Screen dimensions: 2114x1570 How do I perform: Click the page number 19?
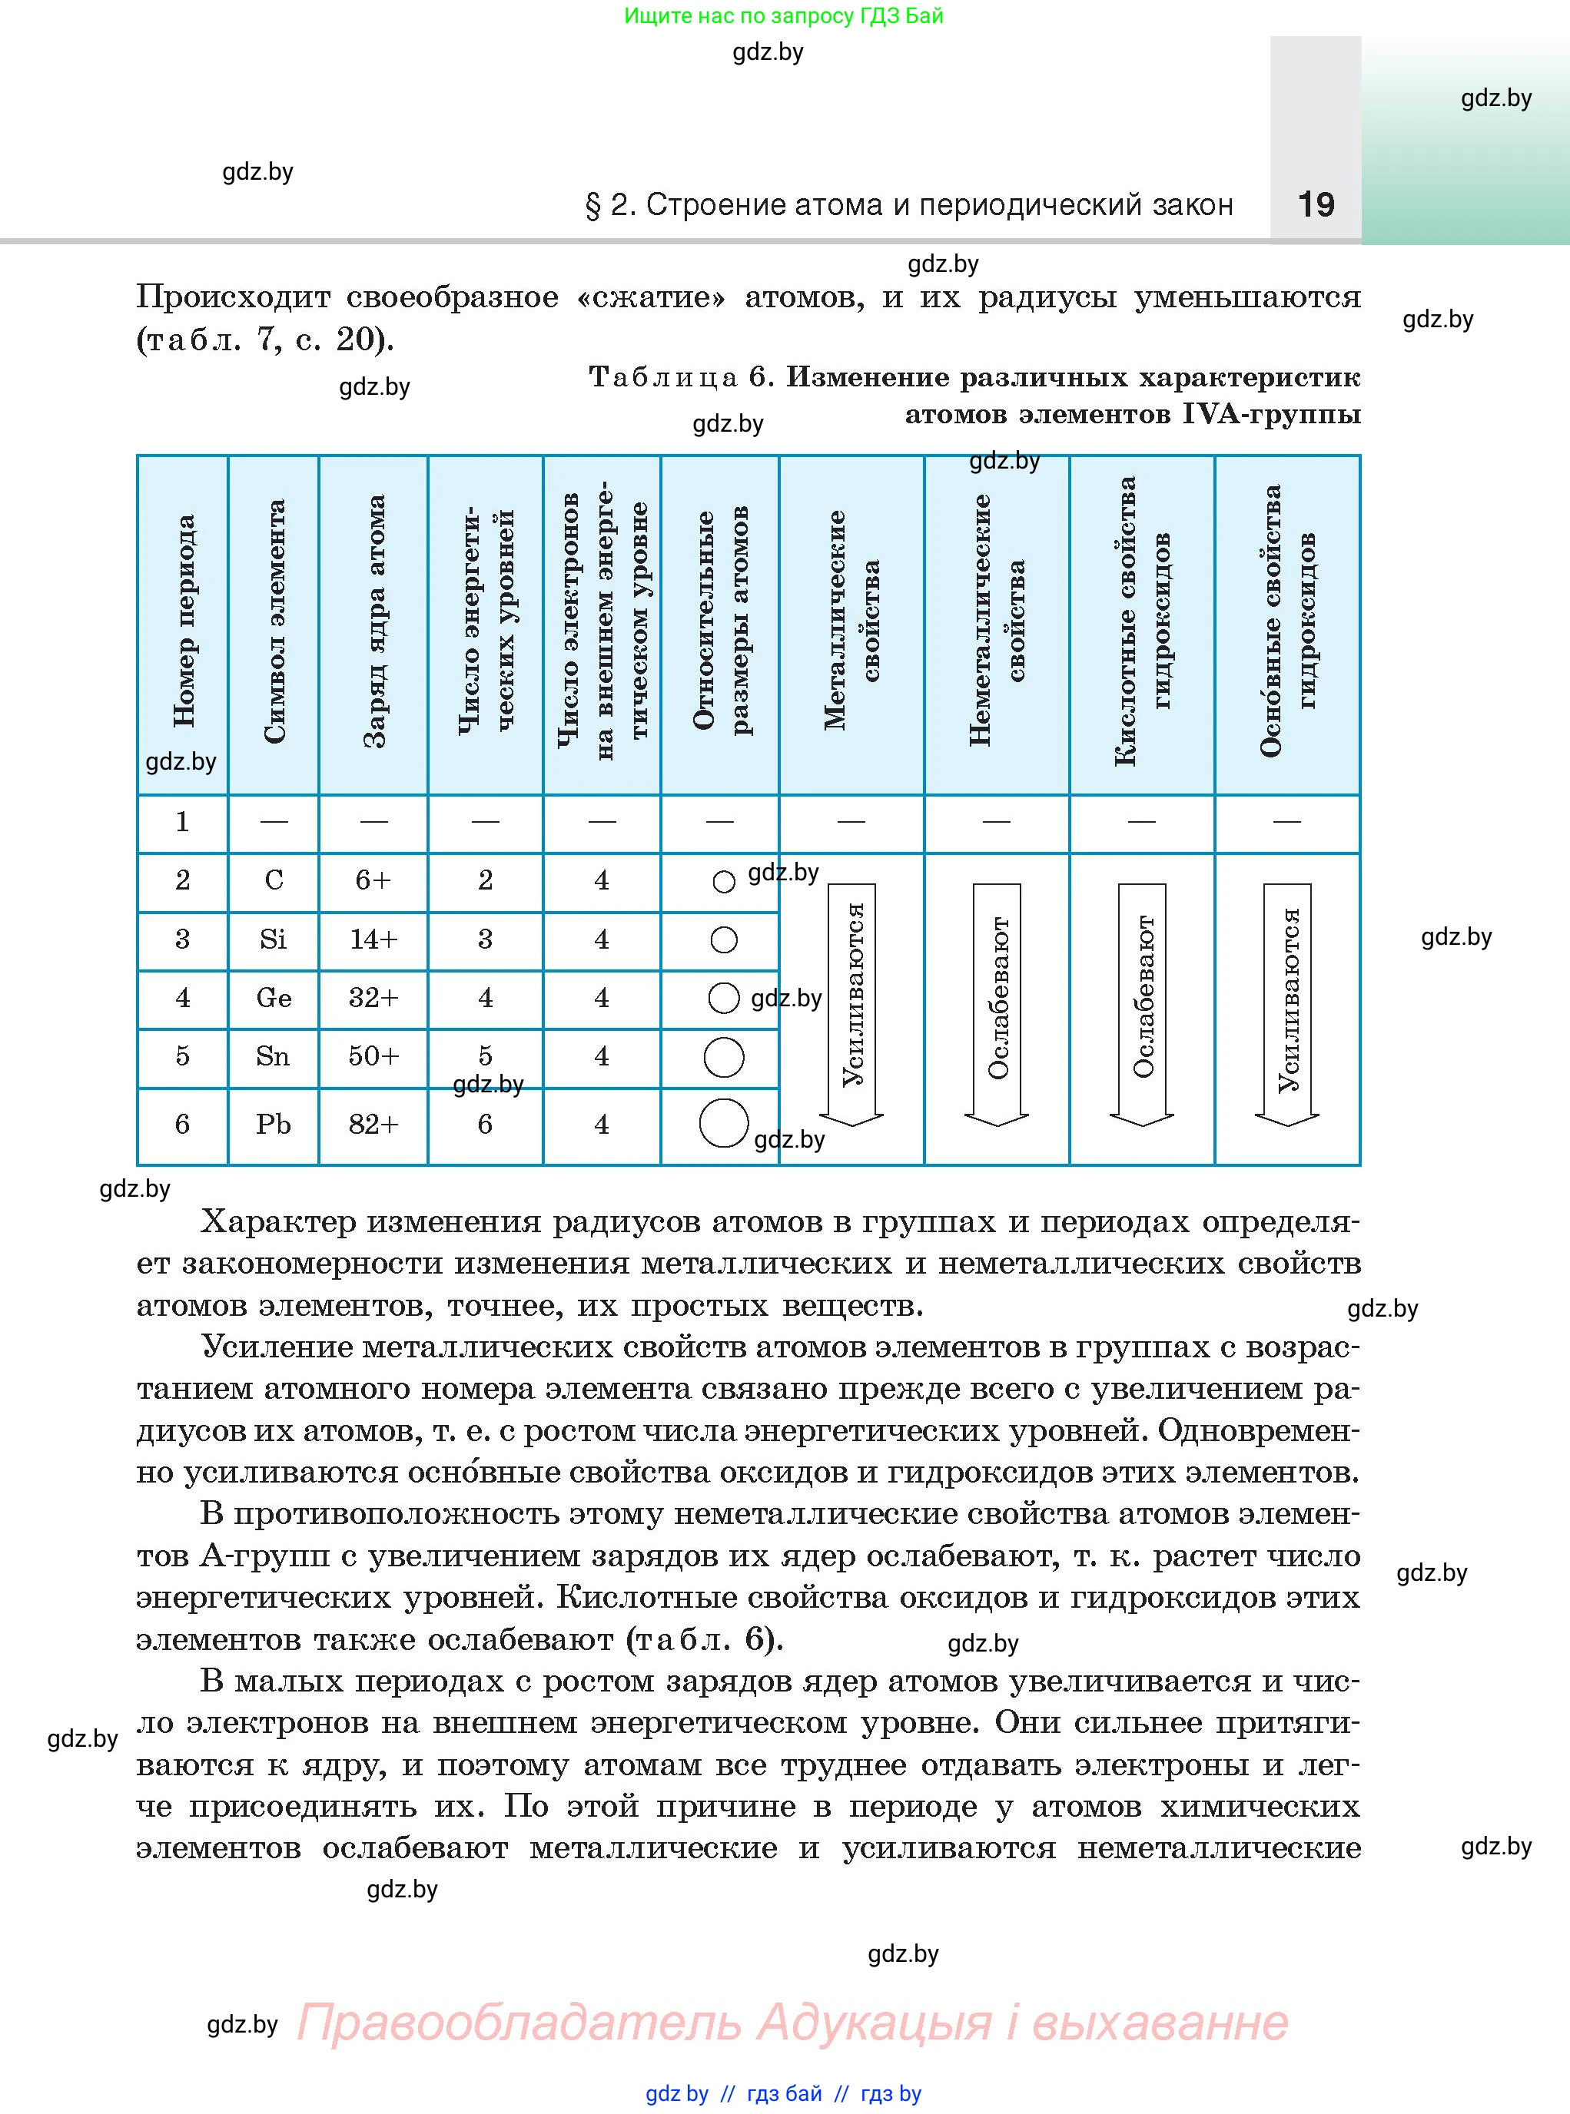click(x=1316, y=204)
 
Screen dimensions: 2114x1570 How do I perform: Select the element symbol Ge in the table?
click(x=274, y=998)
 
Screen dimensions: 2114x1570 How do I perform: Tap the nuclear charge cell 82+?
click(x=373, y=1124)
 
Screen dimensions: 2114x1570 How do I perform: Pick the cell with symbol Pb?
click(x=274, y=1124)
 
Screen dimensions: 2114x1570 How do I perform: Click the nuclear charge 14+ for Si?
click(x=373, y=939)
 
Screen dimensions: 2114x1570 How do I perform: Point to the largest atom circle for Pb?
click(x=723, y=1123)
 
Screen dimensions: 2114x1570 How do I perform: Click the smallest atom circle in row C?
click(x=723, y=882)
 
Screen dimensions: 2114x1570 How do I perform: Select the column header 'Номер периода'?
click(x=184, y=622)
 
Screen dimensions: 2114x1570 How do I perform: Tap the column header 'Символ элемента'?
click(x=274, y=622)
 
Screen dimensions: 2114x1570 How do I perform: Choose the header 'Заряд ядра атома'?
click(x=374, y=622)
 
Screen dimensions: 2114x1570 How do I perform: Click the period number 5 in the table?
click(x=182, y=1056)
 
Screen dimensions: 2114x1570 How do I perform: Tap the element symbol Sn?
click(x=273, y=1056)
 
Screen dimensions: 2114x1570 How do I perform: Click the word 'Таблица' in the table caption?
click(x=663, y=377)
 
